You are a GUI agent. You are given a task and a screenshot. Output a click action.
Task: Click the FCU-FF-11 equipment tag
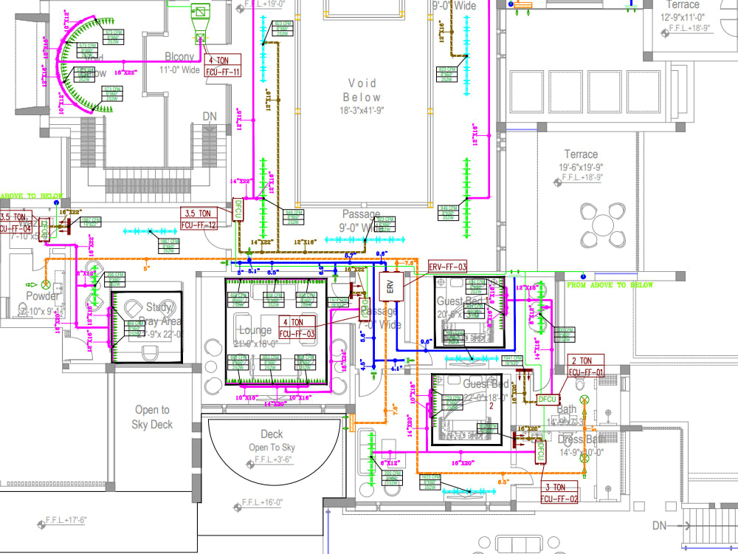click(x=224, y=66)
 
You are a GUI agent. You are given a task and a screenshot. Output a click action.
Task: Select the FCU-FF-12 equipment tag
click(x=199, y=218)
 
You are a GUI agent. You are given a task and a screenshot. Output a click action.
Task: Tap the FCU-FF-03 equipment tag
click(x=297, y=328)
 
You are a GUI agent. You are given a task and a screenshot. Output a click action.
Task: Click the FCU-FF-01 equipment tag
click(x=586, y=366)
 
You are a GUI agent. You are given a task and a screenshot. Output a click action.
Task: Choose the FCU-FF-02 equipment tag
click(x=560, y=493)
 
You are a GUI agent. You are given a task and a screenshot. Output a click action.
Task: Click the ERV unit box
click(x=392, y=286)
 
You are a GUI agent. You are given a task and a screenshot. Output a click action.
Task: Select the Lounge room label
click(x=255, y=330)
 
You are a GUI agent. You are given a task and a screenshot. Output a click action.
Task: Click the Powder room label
click(x=42, y=296)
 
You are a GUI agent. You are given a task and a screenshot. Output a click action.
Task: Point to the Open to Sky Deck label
click(x=152, y=417)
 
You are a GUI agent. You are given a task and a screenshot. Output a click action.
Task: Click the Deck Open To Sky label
click(x=272, y=440)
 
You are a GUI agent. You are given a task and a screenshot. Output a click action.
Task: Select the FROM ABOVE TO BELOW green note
click(x=610, y=285)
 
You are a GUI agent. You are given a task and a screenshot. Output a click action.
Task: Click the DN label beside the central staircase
click(x=210, y=117)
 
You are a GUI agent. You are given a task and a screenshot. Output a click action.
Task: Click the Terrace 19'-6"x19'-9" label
click(x=581, y=160)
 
